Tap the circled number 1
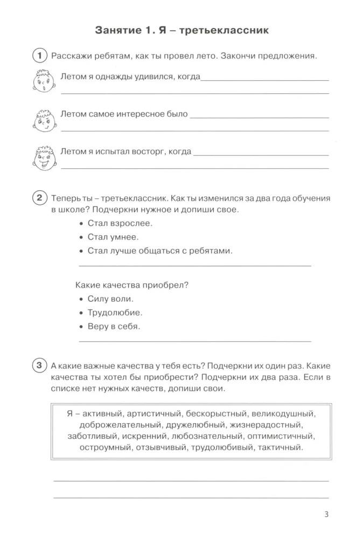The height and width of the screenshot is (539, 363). tap(40, 56)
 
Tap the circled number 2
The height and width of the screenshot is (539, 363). tap(40, 198)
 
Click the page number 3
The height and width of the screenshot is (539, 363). tap(326, 514)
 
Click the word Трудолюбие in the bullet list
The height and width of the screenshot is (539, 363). tap(115, 313)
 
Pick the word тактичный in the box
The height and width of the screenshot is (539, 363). tap(281, 447)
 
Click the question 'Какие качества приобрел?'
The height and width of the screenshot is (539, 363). tap(134, 284)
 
